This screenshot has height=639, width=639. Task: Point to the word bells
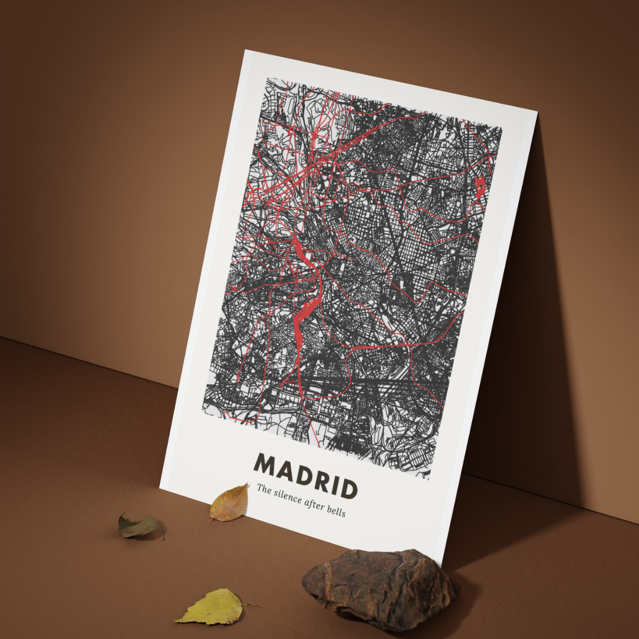[337, 511]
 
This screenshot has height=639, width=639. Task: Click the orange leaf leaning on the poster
[230, 504]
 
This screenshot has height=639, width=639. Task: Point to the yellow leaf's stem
[250, 605]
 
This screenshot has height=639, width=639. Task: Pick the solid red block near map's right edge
[481, 188]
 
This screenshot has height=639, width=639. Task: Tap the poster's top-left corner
[245, 50]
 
